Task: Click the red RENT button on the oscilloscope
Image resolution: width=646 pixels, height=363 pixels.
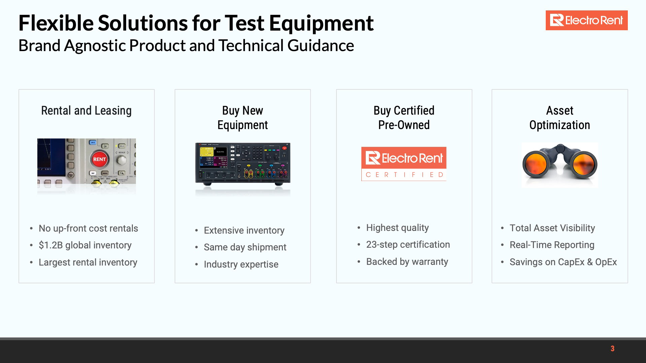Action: pos(99,159)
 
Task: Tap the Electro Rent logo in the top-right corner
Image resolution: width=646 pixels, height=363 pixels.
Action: pos(586,21)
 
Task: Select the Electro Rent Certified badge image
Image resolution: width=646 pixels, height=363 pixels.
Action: pos(404,164)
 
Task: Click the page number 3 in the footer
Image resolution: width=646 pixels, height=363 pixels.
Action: pos(612,349)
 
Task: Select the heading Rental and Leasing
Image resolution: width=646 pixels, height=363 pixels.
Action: pos(86,111)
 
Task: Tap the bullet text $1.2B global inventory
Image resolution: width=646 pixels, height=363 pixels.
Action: pos(85,245)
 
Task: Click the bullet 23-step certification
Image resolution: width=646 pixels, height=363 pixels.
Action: pos(408,244)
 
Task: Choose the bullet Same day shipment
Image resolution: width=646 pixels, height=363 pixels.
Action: pos(245,247)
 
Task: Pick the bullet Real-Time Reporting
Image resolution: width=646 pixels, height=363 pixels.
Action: pos(552,245)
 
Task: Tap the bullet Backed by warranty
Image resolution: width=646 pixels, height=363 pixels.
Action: pos(407,261)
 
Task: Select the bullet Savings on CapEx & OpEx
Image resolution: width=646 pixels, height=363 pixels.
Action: pos(563,262)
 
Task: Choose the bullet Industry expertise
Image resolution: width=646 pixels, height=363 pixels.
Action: pos(241,264)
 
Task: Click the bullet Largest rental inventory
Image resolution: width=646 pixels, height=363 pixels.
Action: pos(88,262)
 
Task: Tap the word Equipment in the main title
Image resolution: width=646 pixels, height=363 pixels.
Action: pos(321,24)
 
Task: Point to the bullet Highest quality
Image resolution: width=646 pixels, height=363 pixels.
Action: pos(397,228)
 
